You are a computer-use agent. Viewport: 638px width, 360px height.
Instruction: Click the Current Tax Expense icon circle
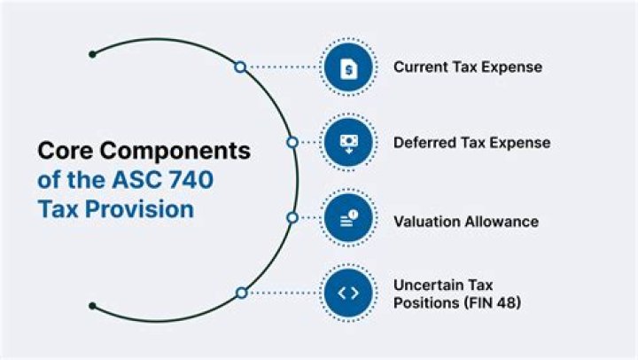[348, 67]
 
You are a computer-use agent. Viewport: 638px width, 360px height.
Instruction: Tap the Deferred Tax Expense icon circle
[348, 142]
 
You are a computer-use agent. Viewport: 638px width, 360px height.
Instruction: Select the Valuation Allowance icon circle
[348, 217]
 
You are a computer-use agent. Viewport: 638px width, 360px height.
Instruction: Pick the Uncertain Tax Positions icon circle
[348, 293]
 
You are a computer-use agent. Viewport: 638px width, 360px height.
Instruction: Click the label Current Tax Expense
[468, 67]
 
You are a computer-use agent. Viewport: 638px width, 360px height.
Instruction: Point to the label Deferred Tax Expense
[472, 142]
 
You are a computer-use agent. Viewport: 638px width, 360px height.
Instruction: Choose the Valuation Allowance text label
[466, 221]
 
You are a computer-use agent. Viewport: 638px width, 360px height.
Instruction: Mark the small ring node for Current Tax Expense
[239, 67]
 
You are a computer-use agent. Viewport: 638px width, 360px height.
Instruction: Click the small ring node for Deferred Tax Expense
[292, 142]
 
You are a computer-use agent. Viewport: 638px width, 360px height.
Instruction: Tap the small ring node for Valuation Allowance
[292, 217]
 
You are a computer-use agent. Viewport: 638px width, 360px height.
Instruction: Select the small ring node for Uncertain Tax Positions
[240, 293]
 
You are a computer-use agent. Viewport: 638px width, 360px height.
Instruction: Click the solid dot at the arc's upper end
[92, 53]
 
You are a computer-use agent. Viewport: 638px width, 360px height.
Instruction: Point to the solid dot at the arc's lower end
[92, 307]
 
